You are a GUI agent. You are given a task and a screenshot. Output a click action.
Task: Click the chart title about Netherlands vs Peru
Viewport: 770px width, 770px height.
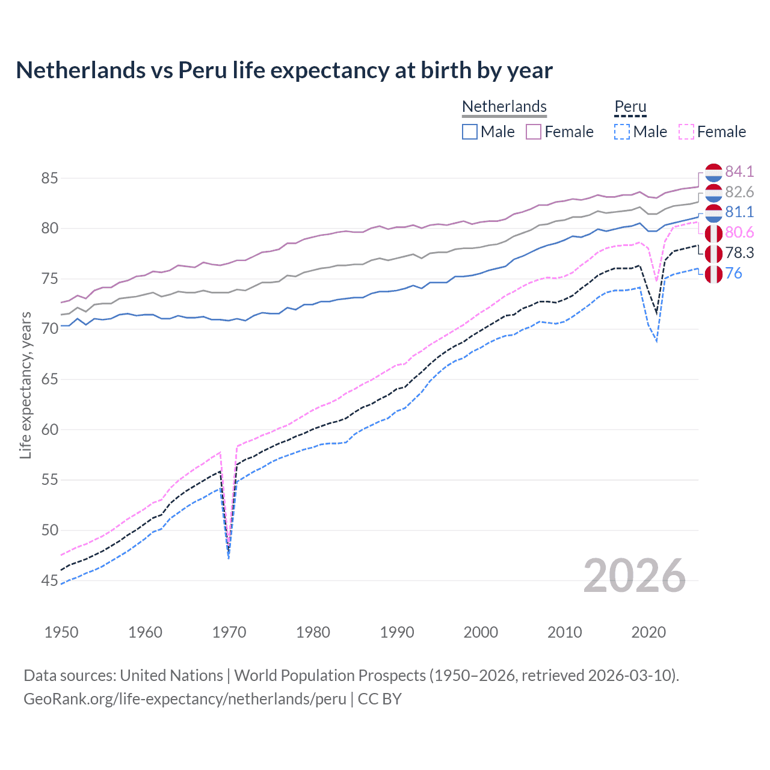point(284,70)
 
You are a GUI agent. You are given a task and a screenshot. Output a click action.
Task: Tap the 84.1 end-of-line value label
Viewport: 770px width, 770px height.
point(739,171)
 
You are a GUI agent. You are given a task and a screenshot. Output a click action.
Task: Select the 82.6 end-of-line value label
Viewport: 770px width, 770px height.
point(739,192)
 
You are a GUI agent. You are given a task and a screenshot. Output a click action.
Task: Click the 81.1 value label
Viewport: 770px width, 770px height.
point(739,212)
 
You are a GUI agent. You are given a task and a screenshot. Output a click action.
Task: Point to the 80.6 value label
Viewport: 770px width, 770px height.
point(739,232)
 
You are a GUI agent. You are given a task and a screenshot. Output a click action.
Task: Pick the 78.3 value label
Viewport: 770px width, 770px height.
point(739,253)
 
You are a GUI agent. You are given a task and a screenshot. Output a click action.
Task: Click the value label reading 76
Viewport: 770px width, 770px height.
point(733,273)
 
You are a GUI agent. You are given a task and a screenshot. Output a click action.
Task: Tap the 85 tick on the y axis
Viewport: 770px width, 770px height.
point(49,178)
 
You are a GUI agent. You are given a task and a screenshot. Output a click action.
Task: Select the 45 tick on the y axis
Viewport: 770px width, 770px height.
point(49,581)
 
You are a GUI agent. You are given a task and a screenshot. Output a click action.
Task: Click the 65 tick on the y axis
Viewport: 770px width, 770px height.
point(49,379)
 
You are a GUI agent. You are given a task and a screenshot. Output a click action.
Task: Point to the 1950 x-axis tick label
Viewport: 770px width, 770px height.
point(61,632)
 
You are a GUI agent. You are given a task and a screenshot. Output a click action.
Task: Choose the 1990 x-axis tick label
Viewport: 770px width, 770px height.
point(397,632)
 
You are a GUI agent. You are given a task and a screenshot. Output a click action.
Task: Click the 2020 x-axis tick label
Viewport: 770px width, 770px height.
point(648,632)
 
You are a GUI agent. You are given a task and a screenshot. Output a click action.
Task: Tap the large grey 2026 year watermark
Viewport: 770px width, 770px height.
point(634,576)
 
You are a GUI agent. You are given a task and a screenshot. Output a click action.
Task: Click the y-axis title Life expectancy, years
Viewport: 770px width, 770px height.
point(25,385)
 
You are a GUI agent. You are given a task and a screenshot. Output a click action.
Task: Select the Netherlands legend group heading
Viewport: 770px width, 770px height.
point(504,106)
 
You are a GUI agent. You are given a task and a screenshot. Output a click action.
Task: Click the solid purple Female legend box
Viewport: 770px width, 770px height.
point(534,132)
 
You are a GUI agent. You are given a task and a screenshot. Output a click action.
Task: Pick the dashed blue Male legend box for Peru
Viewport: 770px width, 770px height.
point(622,132)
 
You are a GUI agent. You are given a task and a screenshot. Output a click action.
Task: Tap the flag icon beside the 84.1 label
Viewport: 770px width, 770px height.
point(713,172)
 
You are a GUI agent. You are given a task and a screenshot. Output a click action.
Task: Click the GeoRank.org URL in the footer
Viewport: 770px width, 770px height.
point(185,698)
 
